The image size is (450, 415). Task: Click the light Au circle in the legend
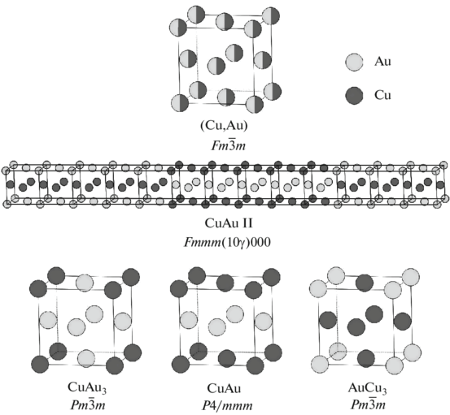click(x=354, y=63)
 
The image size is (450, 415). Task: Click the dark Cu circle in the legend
click(x=354, y=95)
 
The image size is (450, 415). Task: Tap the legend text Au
click(x=382, y=61)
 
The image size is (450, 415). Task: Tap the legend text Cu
click(x=382, y=95)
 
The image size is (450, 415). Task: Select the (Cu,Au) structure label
click(x=224, y=126)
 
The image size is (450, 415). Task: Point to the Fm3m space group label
click(x=229, y=145)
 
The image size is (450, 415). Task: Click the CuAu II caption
click(x=229, y=223)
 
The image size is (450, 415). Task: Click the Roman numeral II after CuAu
click(x=247, y=223)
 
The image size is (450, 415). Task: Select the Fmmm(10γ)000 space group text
click(x=227, y=242)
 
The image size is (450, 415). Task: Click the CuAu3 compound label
click(x=87, y=387)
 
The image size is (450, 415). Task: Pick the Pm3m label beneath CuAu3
click(x=88, y=404)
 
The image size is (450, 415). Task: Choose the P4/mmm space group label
click(x=227, y=405)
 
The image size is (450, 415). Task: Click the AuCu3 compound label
click(x=367, y=388)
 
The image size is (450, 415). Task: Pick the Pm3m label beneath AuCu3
click(x=368, y=404)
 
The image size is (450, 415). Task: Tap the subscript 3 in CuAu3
click(x=104, y=391)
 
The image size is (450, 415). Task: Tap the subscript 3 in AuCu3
click(x=384, y=391)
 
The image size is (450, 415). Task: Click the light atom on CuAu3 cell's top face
click(x=85, y=283)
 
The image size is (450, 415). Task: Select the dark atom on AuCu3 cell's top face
click(x=365, y=283)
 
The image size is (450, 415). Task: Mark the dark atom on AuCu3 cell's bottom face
click(x=366, y=358)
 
